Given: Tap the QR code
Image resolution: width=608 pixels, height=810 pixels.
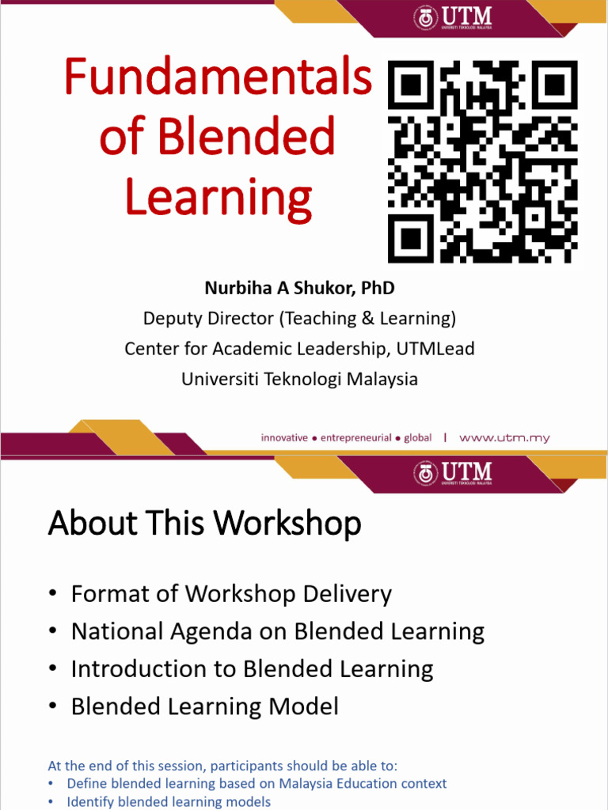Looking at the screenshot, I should point(482,162).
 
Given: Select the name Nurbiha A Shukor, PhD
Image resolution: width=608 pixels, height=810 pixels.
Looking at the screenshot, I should point(299,288).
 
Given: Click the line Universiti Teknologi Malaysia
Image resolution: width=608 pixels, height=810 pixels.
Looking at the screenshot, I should point(299,379).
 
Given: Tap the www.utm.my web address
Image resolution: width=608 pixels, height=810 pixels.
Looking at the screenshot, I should point(504,437).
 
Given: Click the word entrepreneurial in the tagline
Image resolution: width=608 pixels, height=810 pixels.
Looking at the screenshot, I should point(355,437).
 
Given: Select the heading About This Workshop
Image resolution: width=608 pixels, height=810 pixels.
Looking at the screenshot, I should point(204,524).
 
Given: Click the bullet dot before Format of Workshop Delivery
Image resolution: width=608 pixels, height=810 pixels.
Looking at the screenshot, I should point(52,594).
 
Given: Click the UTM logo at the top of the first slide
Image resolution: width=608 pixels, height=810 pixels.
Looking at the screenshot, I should point(454,17).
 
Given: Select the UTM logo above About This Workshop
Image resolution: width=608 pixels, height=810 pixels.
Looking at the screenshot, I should point(454,473).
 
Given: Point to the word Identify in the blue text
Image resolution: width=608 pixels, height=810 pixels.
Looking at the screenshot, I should point(92,802).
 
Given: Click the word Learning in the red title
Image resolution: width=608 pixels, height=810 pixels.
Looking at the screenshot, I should point(218,198).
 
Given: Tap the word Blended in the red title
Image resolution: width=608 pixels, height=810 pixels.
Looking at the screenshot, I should point(246,138).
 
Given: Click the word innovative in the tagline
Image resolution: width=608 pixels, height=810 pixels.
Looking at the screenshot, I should point(284,437).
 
